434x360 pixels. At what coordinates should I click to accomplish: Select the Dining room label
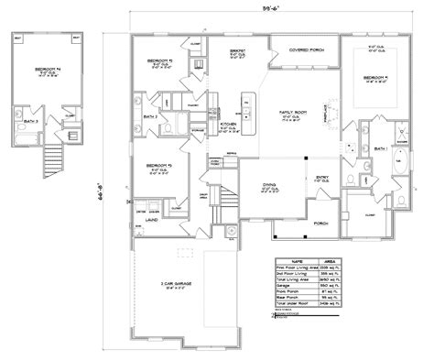click(269, 185)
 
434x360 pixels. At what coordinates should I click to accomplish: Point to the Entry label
click(322, 179)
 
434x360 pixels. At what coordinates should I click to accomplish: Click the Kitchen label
click(230, 121)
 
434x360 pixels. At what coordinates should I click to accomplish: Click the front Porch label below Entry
click(321, 223)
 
